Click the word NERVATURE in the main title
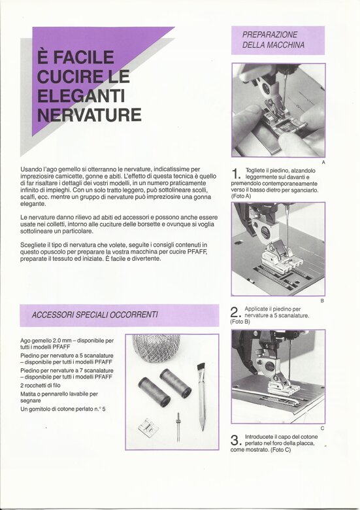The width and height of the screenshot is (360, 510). click(x=89, y=114)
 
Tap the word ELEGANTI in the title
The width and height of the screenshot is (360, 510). click(x=81, y=95)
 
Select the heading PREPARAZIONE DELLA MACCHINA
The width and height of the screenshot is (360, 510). click(x=273, y=40)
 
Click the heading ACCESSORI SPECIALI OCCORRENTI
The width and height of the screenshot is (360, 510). click(x=95, y=315)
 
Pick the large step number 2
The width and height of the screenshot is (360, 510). click(x=235, y=313)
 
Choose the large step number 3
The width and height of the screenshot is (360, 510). click(x=235, y=440)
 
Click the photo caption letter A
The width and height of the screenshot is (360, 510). click(x=323, y=162)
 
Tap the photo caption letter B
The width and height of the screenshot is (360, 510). click(x=322, y=301)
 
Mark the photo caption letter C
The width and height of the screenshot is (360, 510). click(x=322, y=428)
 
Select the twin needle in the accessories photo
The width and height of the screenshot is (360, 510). click(x=178, y=427)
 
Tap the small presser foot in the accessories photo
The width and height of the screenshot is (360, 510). click(x=148, y=427)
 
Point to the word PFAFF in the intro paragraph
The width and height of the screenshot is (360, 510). click(x=197, y=252)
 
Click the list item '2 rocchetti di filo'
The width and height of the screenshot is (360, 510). click(x=41, y=385)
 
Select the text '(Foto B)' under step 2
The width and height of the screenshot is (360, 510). click(x=240, y=322)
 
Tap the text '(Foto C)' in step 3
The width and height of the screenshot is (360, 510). click(x=281, y=450)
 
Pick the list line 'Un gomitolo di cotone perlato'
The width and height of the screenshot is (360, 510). click(x=63, y=409)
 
